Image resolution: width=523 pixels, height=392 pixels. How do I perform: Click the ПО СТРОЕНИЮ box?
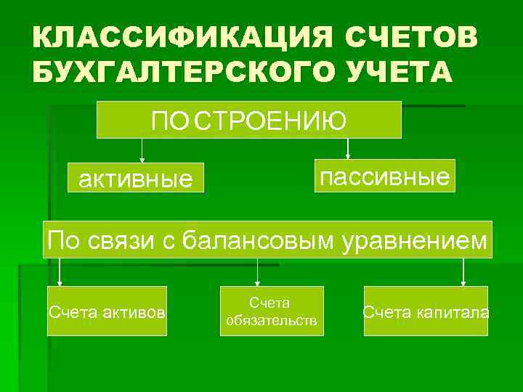(x=249, y=120)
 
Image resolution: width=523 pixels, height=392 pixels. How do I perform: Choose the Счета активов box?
(x=107, y=311)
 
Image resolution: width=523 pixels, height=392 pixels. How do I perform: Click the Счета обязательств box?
(x=272, y=311)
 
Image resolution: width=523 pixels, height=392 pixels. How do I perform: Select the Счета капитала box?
(x=426, y=311)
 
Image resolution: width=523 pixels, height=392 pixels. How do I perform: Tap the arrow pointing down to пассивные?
(x=348, y=149)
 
